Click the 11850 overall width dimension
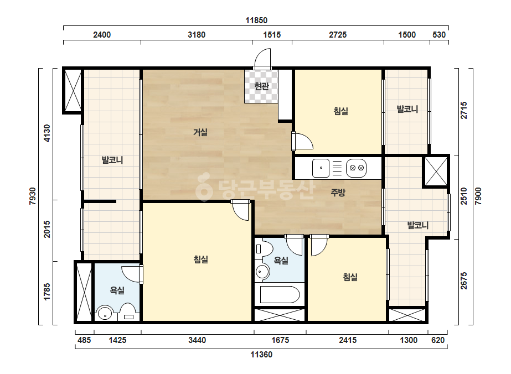tap(256, 20)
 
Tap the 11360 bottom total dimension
tap(261, 355)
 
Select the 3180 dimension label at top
tap(197, 34)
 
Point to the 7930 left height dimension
tap(33, 196)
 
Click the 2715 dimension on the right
tap(464, 110)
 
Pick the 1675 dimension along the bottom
tap(280, 340)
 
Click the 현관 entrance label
tap(261, 86)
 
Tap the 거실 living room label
tap(200, 132)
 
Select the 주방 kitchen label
tap(338, 193)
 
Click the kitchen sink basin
tap(321, 168)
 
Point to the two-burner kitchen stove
tap(357, 168)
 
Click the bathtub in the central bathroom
tap(280, 294)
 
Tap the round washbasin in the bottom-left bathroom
tap(105, 314)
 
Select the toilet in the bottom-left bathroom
tap(128, 313)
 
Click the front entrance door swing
tap(262, 59)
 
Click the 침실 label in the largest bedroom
tap(201, 259)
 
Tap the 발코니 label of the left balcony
tap(112, 160)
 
